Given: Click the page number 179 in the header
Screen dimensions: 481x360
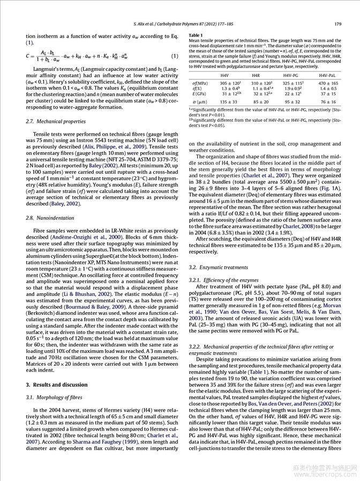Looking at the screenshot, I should (337, 24).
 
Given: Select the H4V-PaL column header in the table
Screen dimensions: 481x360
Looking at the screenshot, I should (327, 76).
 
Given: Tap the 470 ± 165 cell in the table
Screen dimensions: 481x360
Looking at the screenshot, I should (328, 84).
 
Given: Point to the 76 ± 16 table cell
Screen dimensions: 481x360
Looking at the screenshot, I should (328, 101).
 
